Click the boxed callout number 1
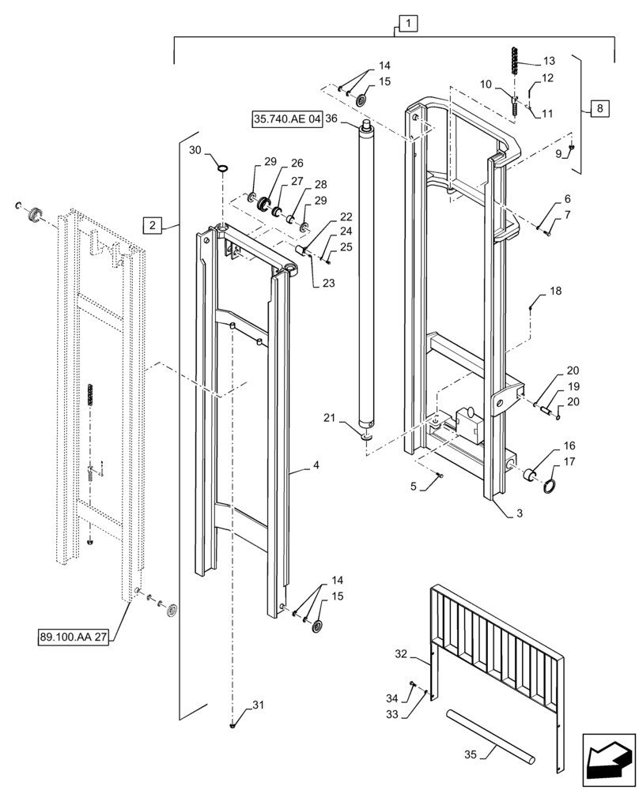click(406, 24)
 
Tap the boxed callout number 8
click(599, 107)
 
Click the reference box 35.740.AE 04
click(288, 119)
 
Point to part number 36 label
click(331, 119)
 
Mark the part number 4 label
click(316, 466)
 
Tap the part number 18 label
click(556, 292)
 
